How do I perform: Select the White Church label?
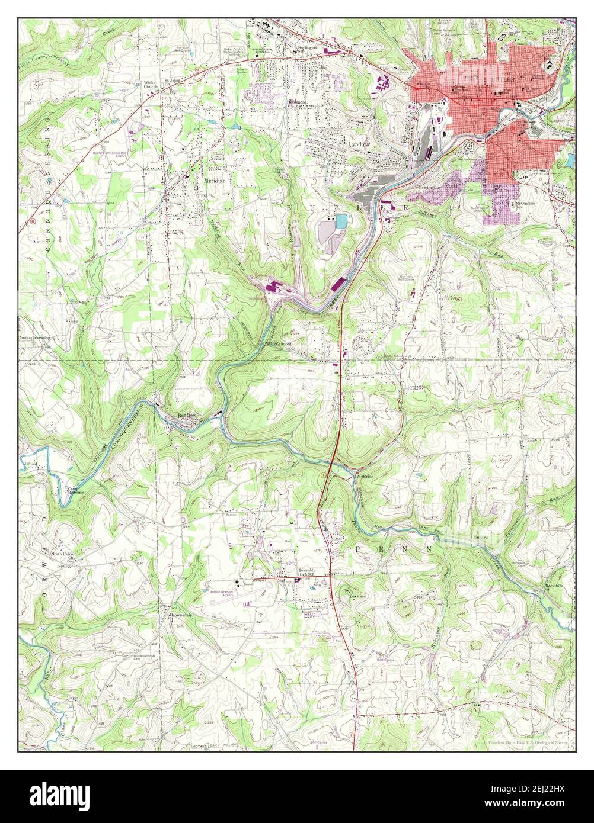coord(149,84)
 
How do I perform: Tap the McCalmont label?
coord(282,343)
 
